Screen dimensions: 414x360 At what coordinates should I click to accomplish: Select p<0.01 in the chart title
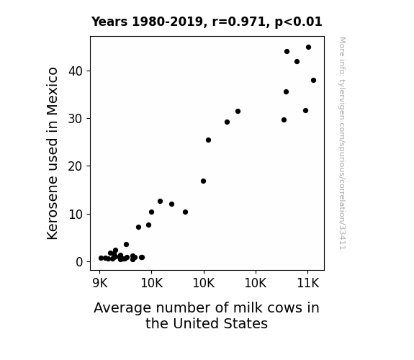(298, 22)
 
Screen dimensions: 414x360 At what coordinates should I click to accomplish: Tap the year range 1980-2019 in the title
(167, 22)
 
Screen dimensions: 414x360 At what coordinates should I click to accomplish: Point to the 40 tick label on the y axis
(76, 71)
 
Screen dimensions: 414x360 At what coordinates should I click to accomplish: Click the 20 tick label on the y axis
(76, 166)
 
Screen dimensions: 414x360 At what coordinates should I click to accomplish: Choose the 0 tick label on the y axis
(79, 262)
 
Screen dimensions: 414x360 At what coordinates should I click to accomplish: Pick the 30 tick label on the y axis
(76, 119)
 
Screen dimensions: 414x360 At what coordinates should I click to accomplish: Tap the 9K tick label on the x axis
(100, 283)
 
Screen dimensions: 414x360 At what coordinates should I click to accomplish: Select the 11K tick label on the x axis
(308, 283)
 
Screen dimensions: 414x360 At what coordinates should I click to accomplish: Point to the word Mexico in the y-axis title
(52, 91)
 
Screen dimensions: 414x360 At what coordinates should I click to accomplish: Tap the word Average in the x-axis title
(122, 308)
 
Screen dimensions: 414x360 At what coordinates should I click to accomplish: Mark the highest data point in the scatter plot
(308, 48)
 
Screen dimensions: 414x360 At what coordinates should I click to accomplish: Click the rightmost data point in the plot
(313, 81)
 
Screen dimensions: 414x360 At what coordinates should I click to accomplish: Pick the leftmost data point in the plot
(101, 258)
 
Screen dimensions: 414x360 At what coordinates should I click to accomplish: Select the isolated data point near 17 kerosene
(203, 181)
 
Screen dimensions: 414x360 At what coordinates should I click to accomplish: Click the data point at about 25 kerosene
(208, 140)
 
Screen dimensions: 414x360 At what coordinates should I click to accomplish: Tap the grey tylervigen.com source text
(342, 143)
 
